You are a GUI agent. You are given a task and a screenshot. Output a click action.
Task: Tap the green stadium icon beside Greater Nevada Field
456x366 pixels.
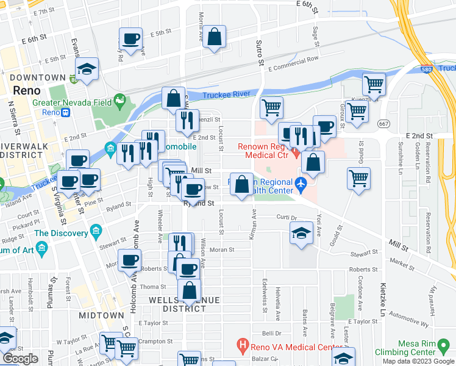tap(120, 98)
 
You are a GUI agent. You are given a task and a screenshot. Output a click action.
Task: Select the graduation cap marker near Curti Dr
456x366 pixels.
tap(301, 234)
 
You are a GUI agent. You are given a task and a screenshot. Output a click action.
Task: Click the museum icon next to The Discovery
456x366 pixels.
tap(95, 231)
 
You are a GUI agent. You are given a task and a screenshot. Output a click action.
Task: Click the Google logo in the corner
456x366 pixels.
tap(20, 359)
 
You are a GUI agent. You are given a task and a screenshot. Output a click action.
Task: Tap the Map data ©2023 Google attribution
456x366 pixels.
tap(418, 361)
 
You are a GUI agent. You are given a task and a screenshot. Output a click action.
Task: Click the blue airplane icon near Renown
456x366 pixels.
tap(300, 183)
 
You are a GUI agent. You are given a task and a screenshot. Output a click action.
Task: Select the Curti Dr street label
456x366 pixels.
tap(286, 217)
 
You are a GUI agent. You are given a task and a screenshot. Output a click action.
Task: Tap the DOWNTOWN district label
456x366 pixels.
tap(38, 77)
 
